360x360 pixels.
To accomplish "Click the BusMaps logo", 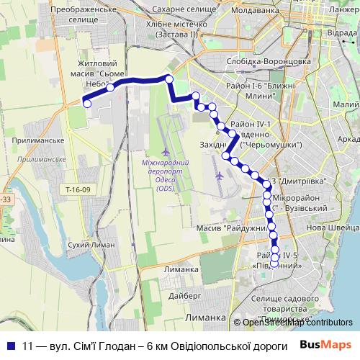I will click(x=326, y=345).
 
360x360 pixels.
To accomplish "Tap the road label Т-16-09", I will click(x=76, y=189).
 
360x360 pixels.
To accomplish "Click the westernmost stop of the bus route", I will click(x=87, y=104).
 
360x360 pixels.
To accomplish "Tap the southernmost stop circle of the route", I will click(x=275, y=258).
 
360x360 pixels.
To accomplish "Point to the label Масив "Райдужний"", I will click(x=230, y=228).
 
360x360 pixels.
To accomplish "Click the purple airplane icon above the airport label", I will click(x=167, y=153).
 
